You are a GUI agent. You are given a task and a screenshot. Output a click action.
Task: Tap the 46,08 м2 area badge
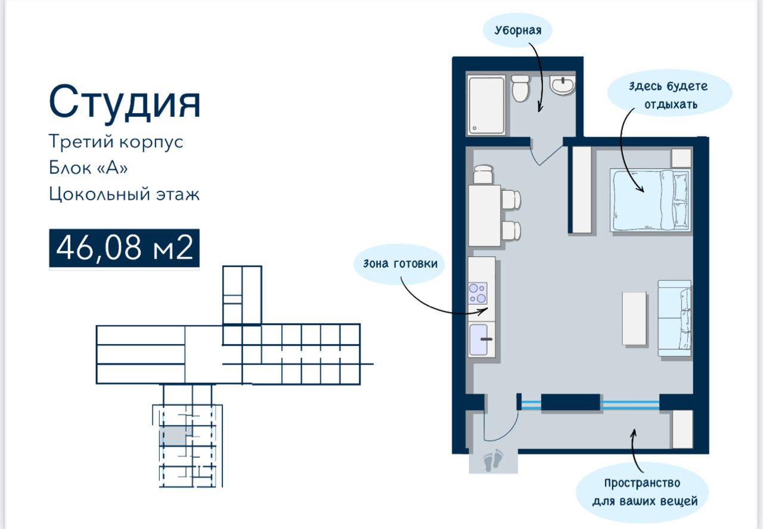tap(125, 248)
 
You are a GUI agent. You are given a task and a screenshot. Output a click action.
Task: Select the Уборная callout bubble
tap(517, 30)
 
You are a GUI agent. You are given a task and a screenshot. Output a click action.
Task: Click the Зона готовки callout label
tap(399, 264)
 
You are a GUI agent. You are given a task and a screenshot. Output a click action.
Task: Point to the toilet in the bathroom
tap(520, 88)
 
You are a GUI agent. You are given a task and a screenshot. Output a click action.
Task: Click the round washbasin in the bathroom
tap(562, 85)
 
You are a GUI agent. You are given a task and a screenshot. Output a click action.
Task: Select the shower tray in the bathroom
tap(486, 105)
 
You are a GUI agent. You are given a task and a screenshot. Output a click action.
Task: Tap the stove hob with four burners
tap(477, 293)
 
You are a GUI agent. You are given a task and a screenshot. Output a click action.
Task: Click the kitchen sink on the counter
tap(479, 339)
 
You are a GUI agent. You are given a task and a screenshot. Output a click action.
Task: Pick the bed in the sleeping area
tap(650, 200)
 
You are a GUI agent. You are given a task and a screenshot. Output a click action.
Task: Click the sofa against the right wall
tap(674, 318)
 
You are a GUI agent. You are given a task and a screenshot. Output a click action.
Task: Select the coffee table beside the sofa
tap(634, 318)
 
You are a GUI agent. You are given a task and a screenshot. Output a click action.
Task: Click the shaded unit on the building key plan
tap(173, 435)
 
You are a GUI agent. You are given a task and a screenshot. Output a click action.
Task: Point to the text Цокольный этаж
tap(124, 194)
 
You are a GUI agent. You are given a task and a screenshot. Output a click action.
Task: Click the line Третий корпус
tap(116, 141)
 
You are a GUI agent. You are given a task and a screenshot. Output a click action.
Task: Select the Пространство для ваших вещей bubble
tap(642, 492)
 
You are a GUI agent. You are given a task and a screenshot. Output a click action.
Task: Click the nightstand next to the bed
tap(681, 158)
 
